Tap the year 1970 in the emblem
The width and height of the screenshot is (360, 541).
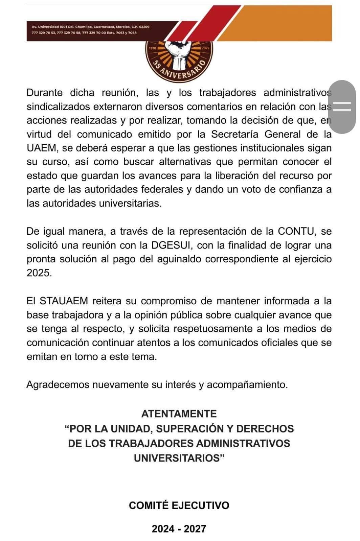[152, 48]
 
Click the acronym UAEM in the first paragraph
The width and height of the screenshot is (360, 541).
[39, 148]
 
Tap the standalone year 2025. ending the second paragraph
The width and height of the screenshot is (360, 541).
[39, 273]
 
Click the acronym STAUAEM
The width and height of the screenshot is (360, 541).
[64, 301]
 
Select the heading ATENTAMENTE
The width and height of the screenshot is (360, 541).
[179, 414]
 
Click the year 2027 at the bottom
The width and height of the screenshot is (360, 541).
[195, 529]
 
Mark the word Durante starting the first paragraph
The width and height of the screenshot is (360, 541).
[44, 92]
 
